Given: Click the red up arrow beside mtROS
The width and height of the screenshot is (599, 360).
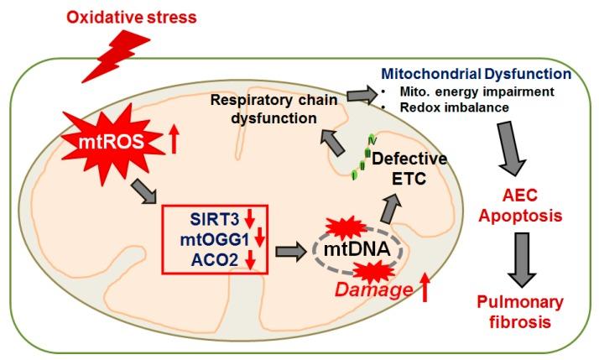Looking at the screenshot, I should click(x=174, y=142).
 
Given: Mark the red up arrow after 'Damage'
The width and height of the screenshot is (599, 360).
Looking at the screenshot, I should click(x=425, y=290).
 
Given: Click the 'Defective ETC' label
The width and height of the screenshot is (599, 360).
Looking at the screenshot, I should click(x=410, y=168).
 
